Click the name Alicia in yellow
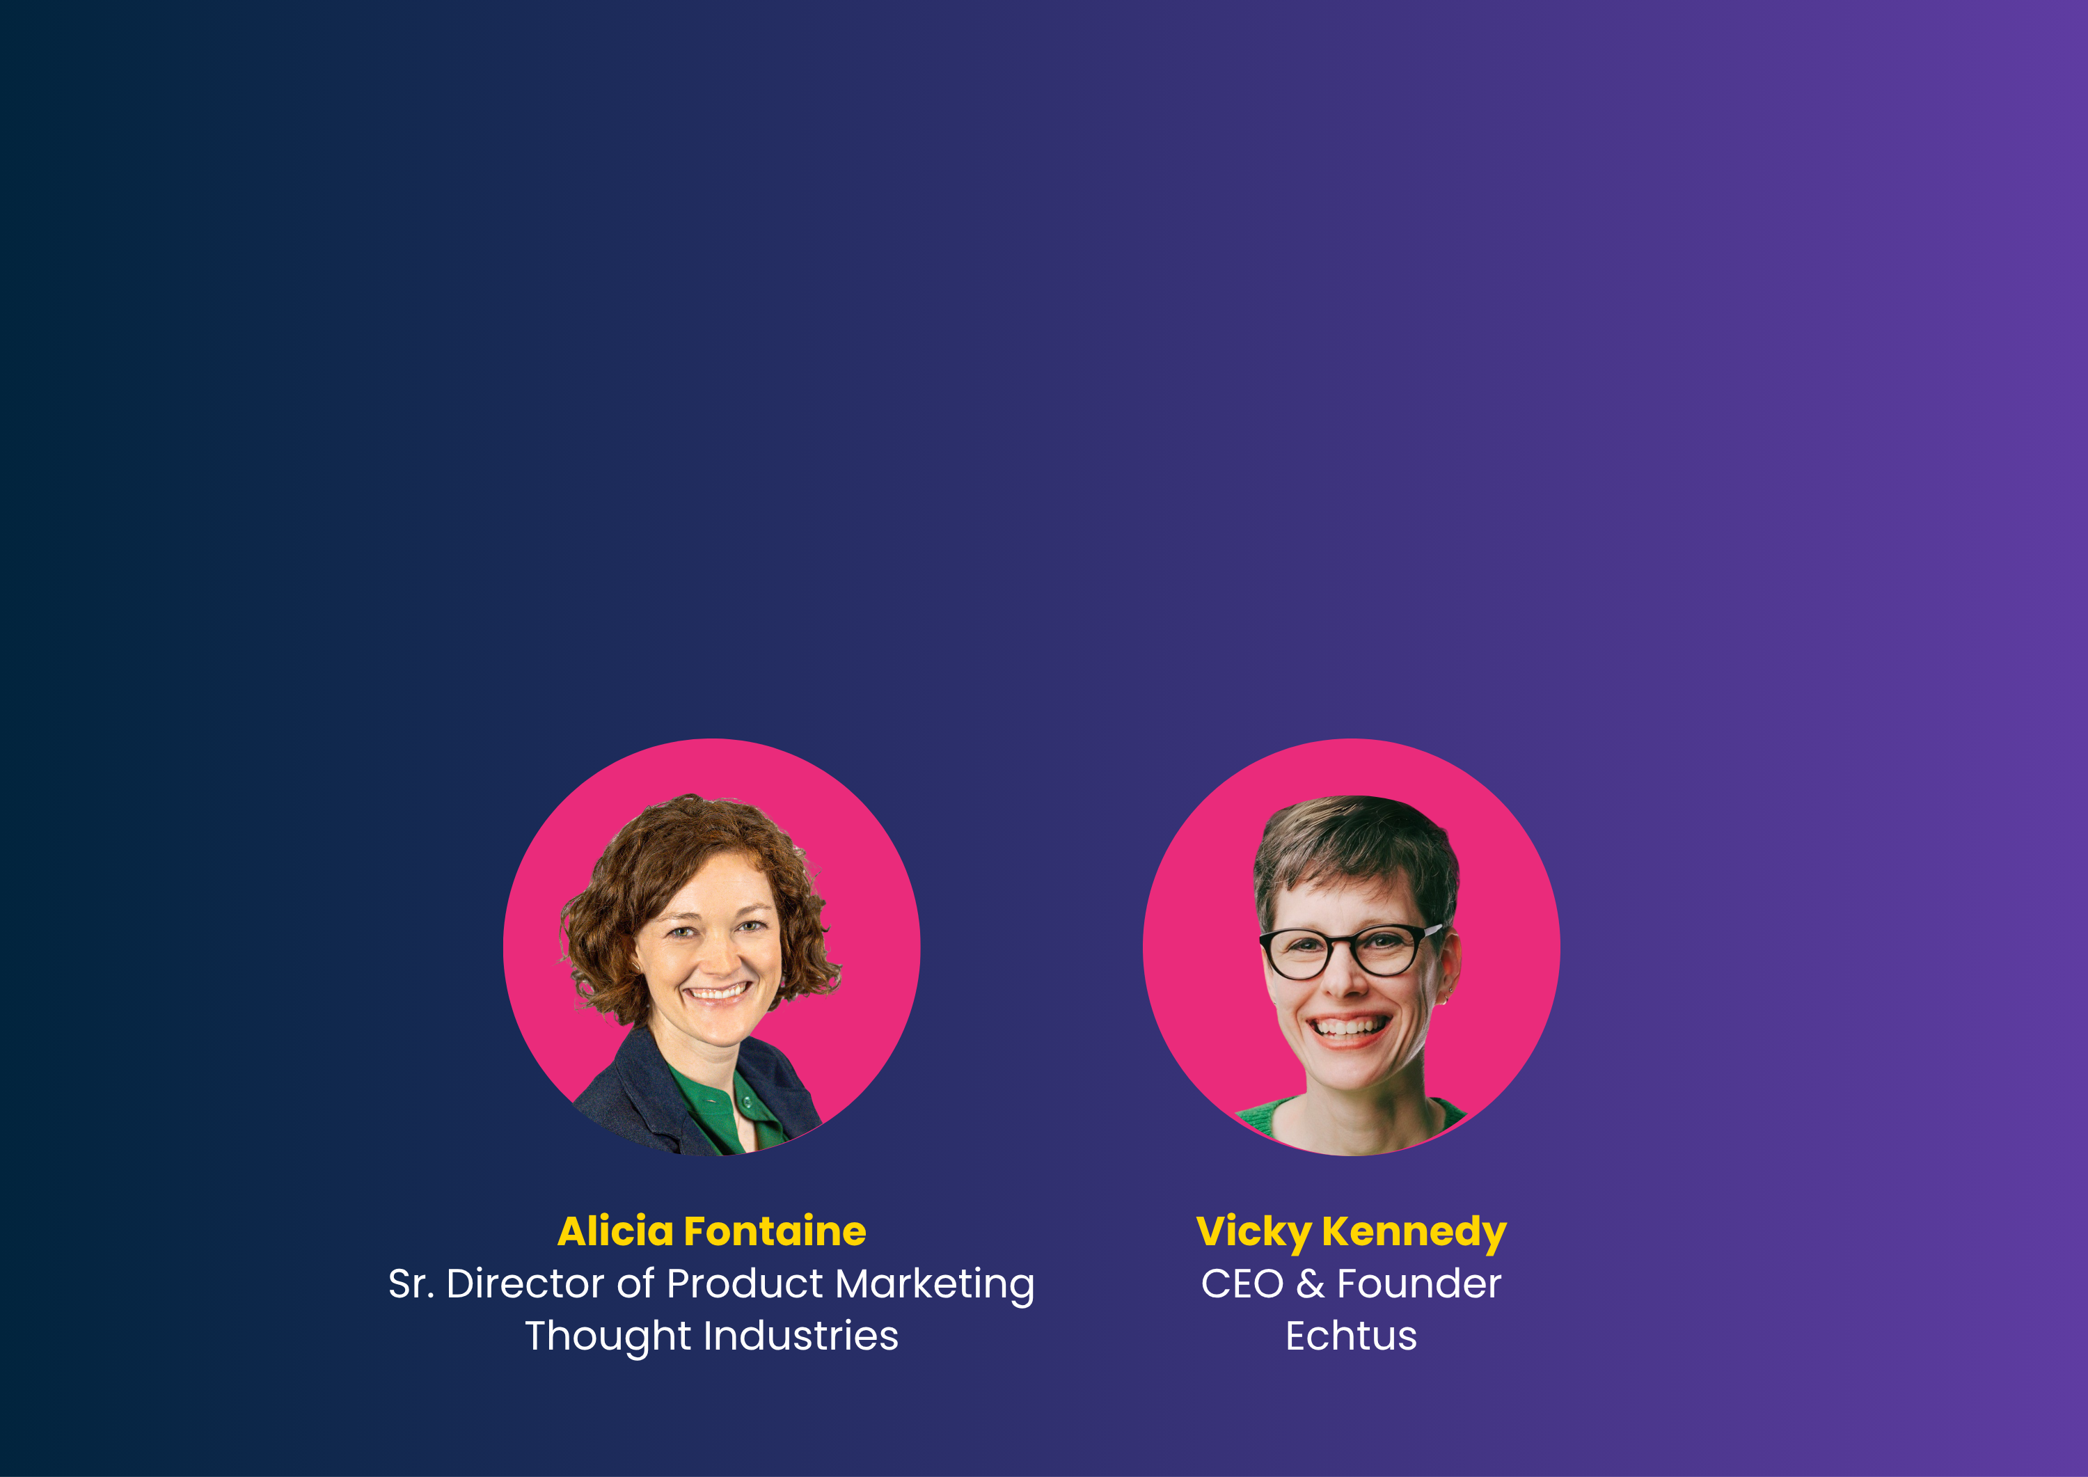[x=616, y=1231]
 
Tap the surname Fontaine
[x=775, y=1231]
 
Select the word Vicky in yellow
[x=1253, y=1234]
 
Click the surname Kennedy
[x=1414, y=1234]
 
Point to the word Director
[x=525, y=1284]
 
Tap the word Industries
[x=801, y=1336]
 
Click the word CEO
[x=1242, y=1284]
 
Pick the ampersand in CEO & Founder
[x=1311, y=1284]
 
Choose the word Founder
[x=1418, y=1284]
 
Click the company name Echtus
[x=1352, y=1336]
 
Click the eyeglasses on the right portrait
[x=1350, y=950]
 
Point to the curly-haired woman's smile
[x=718, y=991]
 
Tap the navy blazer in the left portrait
[x=637, y=1105]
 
